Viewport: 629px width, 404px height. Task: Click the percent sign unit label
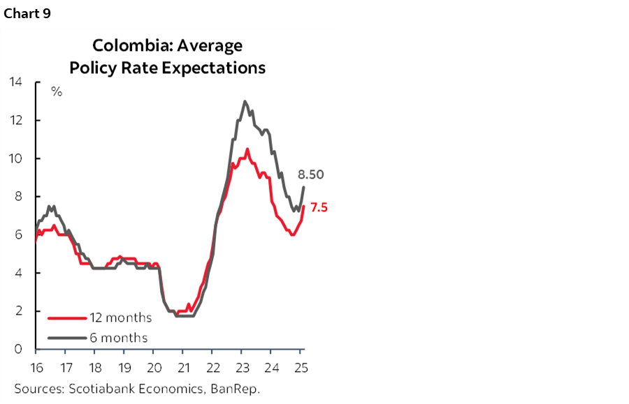[57, 91]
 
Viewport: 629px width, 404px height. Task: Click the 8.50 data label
[311, 175]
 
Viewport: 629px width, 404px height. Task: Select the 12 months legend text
[120, 318]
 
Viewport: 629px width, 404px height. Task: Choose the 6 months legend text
[118, 338]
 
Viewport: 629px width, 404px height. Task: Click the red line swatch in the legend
[67, 318]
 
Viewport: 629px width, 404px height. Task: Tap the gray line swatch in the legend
[67, 338]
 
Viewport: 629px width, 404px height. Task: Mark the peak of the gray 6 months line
[245, 101]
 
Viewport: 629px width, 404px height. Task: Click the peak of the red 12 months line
[247, 149]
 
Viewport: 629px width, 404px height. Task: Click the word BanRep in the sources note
[238, 388]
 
